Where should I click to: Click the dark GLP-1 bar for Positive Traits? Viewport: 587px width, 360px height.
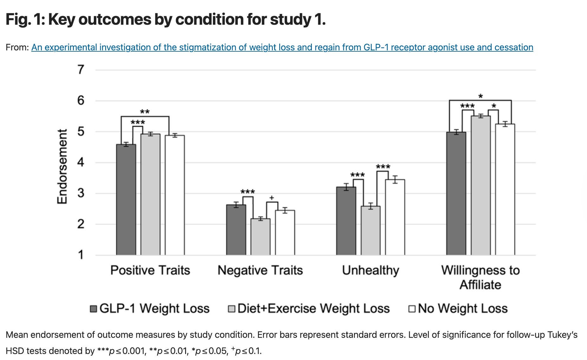126,200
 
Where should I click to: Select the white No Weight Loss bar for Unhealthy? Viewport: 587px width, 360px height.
395,217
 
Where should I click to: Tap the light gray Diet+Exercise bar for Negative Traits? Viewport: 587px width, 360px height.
261,237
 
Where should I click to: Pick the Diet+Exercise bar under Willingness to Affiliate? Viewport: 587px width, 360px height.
481,185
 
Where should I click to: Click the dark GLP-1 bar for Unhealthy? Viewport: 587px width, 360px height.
346,221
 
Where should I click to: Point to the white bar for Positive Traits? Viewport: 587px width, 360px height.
175,195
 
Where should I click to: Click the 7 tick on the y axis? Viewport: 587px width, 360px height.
81,69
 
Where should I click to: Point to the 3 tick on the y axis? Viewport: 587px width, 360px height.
81,193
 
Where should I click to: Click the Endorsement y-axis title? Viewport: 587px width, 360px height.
62,167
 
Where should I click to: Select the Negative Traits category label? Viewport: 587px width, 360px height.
260,270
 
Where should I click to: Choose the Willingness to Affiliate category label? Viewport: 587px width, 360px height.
481,277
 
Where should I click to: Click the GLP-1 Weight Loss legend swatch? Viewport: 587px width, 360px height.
94,309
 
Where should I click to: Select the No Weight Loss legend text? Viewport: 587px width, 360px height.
463,308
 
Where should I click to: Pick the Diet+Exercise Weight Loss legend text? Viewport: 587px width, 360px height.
313,308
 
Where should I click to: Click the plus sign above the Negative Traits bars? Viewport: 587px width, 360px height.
272,198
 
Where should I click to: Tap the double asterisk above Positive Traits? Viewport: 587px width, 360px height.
145,112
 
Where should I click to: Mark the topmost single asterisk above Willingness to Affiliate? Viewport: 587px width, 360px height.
481,96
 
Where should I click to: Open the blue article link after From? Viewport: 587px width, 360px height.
282,48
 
